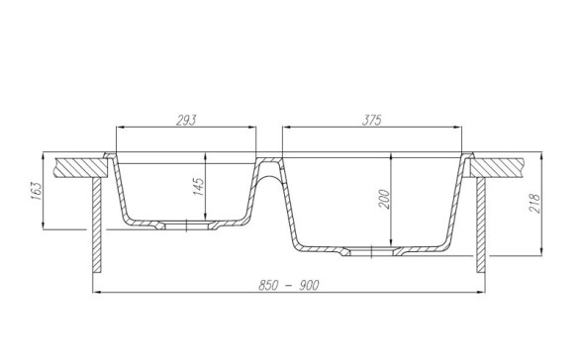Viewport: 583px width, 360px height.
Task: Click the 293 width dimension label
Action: point(186,121)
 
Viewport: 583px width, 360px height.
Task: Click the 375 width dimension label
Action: point(372,121)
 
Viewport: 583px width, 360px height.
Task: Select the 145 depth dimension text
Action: point(199,186)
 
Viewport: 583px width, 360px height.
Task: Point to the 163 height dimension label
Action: point(35,190)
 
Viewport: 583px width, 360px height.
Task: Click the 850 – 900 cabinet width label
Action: point(288,285)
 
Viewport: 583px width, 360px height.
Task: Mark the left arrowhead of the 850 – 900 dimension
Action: point(93,292)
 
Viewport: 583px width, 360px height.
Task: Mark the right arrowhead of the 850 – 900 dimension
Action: point(484,292)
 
